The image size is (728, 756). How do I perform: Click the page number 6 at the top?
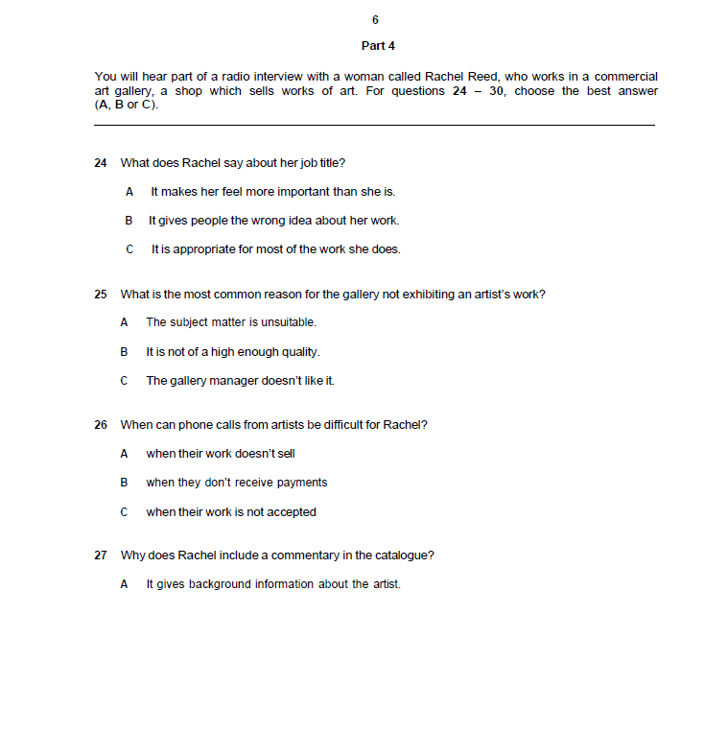[375, 20]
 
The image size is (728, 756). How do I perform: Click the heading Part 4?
[378, 46]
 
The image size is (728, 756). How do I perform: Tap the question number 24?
[101, 163]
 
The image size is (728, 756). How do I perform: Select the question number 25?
[101, 295]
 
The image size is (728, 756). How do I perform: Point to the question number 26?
[101, 425]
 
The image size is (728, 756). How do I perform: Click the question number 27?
[101, 555]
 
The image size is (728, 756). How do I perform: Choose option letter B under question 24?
[128, 221]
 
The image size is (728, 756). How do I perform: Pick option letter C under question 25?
[124, 381]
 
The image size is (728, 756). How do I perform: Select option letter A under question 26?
[124, 454]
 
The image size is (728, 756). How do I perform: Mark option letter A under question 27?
[124, 584]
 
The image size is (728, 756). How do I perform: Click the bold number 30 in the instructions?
[497, 91]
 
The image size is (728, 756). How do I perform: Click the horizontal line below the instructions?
[374, 125]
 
